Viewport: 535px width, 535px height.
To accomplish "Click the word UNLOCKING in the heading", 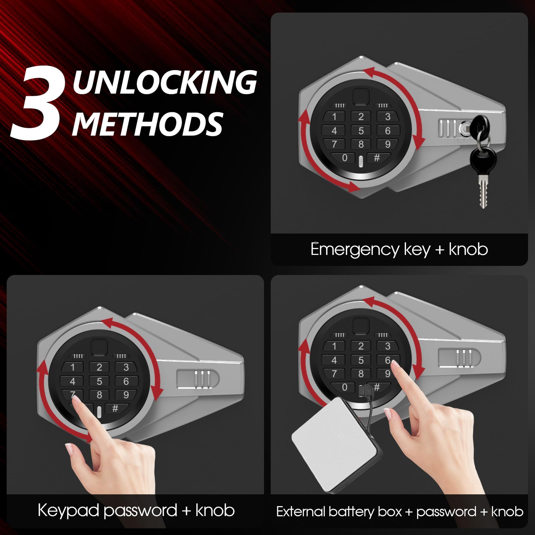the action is pyautogui.click(x=164, y=82).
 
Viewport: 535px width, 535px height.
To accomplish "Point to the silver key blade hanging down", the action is pyautogui.click(x=483, y=191).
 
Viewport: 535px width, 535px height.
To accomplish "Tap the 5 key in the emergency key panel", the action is pyautogui.click(x=361, y=130).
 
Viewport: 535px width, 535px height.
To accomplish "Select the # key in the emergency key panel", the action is pyautogui.click(x=377, y=158).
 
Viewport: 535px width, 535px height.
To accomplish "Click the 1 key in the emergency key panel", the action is pyautogui.click(x=334, y=117).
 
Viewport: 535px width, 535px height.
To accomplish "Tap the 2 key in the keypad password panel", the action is pyautogui.click(x=99, y=367).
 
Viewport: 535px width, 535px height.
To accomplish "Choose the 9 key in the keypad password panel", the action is pyautogui.click(x=126, y=395).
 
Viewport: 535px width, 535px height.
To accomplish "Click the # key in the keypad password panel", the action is pyautogui.click(x=115, y=408).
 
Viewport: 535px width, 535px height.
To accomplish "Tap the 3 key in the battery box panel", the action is pyautogui.click(x=388, y=346).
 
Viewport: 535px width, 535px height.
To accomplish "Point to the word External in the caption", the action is pyautogui.click(x=301, y=511).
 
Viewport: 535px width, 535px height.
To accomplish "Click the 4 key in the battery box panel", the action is pyautogui.click(x=334, y=360).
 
